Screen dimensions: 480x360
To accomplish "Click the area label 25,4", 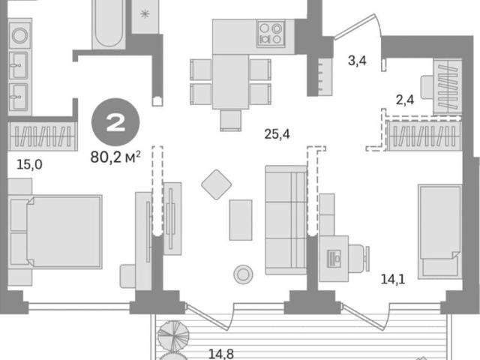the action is pyautogui.click(x=277, y=134).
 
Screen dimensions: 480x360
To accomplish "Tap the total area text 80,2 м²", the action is pyautogui.click(x=115, y=157).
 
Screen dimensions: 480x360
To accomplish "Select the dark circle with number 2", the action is pyautogui.click(x=115, y=122).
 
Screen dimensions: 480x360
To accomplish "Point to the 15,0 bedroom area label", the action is pyautogui.click(x=29, y=165).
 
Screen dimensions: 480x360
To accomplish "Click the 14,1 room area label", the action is pyautogui.click(x=393, y=279).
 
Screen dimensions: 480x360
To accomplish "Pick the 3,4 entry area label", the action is pyautogui.click(x=357, y=61).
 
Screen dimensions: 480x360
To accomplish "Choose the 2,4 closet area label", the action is pyautogui.click(x=405, y=100).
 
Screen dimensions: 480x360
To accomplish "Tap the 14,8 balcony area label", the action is pyautogui.click(x=221, y=354).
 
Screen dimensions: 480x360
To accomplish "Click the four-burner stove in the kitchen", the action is pyautogui.click(x=271, y=34).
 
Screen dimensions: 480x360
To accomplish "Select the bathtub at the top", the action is pyautogui.click(x=109, y=24).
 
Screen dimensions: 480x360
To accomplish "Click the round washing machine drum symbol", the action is pyautogui.click(x=20, y=35).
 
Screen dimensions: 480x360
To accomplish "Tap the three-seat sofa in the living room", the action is pyautogui.click(x=286, y=220).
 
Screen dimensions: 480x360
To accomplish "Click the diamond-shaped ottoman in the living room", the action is pyautogui.click(x=217, y=184).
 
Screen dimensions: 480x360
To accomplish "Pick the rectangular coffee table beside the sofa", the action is pyautogui.click(x=241, y=220).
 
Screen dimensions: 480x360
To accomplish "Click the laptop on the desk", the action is pyautogui.click(x=334, y=259).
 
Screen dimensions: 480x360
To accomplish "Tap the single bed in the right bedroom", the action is pyautogui.click(x=440, y=232).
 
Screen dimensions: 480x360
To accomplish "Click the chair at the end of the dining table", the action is pyautogui.click(x=230, y=120).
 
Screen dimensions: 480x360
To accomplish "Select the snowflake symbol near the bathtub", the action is pyautogui.click(x=145, y=13).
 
